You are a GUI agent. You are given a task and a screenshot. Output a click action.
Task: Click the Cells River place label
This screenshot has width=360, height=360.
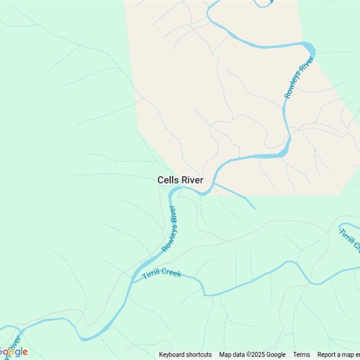tap(180, 180)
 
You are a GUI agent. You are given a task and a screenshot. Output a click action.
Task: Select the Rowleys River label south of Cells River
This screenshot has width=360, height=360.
tap(169, 229)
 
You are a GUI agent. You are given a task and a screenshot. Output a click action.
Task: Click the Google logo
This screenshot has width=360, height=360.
tap(13, 352)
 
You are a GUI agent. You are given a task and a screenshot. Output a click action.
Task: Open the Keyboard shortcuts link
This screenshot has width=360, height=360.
tap(185, 355)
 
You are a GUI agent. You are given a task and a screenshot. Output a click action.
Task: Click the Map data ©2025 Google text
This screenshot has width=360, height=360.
tap(252, 355)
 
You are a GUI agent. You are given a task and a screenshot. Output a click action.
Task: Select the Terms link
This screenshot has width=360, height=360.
tap(301, 355)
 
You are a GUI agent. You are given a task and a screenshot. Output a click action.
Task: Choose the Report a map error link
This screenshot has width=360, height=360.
tap(338, 355)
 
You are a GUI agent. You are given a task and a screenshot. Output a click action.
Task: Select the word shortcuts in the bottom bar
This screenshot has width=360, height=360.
tap(198, 355)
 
